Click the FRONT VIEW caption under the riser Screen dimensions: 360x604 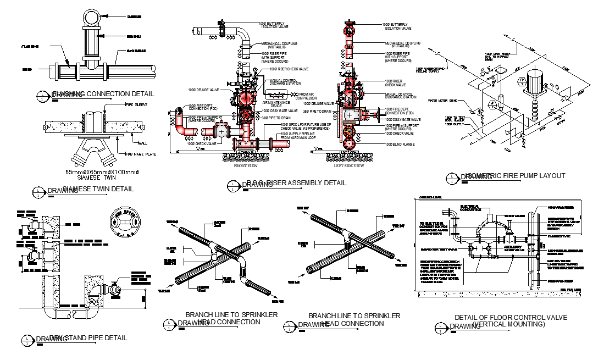click(x=245, y=165)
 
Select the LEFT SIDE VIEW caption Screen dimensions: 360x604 click(x=349, y=165)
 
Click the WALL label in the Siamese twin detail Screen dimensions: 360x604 click(x=142, y=142)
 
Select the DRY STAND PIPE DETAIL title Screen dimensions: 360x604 click(x=88, y=337)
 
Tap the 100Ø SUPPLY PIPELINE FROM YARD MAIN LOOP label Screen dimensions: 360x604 click(x=299, y=136)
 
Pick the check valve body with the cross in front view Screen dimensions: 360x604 click(x=221, y=132)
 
